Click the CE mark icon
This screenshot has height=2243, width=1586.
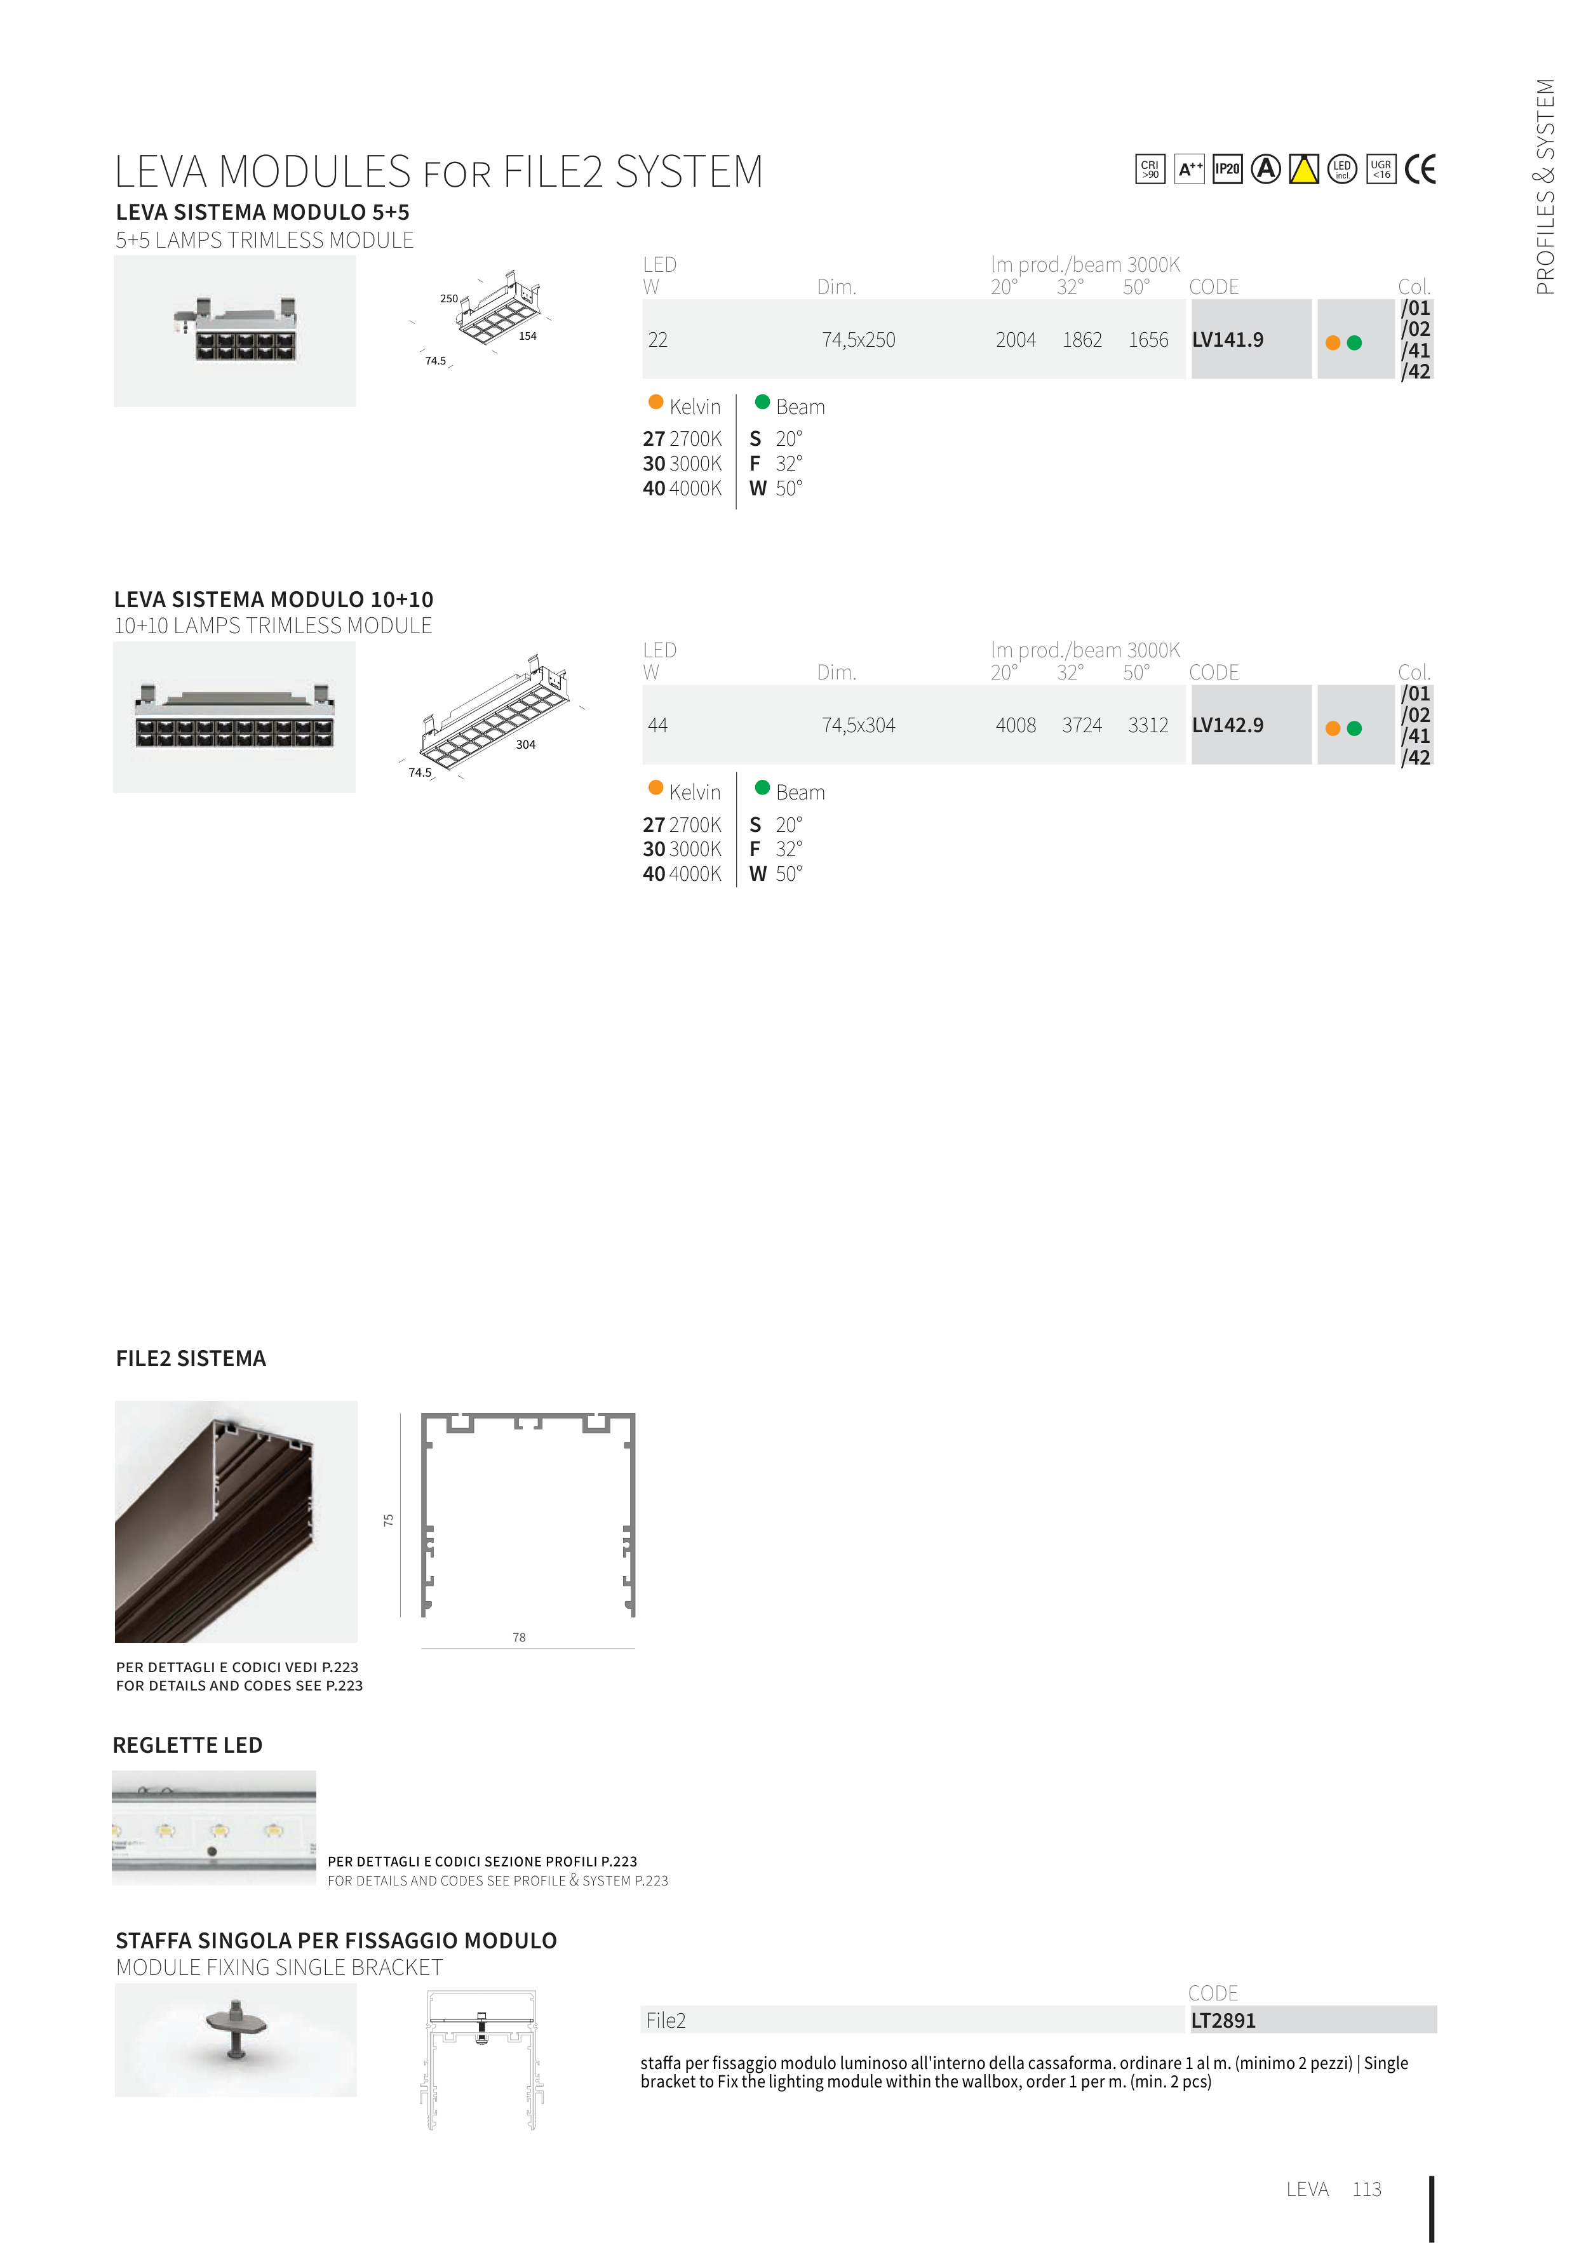pos(1420,169)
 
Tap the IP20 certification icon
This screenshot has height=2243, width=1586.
pos(1227,169)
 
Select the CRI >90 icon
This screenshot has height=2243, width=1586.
pos(1150,169)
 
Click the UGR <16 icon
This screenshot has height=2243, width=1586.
pos(1381,169)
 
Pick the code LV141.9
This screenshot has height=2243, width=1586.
pos(1227,340)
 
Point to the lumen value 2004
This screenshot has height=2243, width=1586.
pos(1016,340)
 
